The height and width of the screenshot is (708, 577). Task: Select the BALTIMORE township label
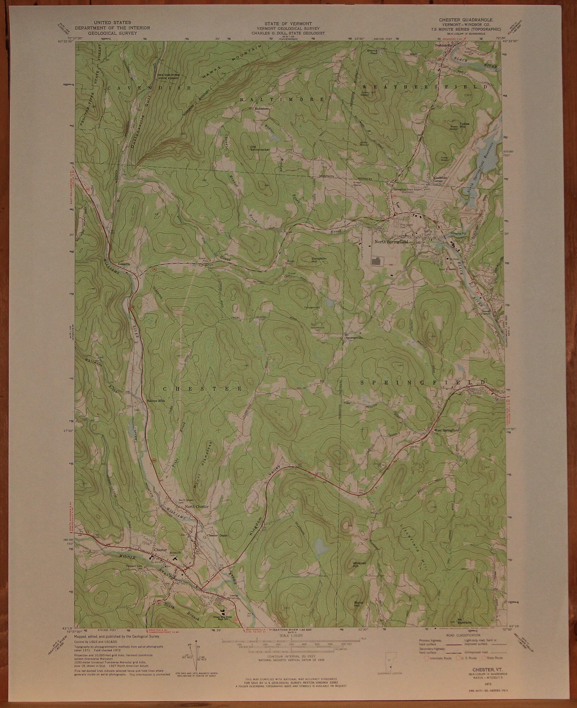[x=282, y=100]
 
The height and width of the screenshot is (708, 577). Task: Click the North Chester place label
[x=196, y=507]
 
